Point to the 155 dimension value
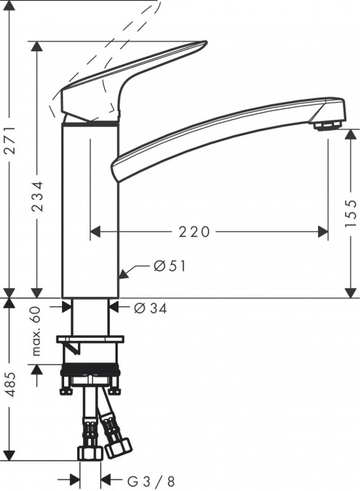351,213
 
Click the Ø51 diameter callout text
170,266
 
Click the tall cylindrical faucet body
89,209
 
